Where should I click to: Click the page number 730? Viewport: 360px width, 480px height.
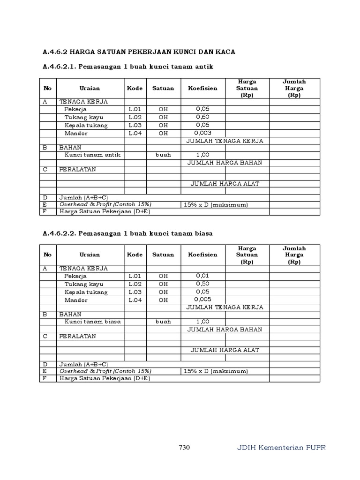tap(184, 447)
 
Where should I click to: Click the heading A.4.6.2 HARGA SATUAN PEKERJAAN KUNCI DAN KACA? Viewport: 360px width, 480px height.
tap(139, 51)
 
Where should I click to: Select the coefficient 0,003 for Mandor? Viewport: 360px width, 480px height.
tap(202, 133)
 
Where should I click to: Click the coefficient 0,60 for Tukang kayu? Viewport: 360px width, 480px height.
tap(202, 117)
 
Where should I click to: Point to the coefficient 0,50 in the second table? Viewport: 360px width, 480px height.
tap(202, 284)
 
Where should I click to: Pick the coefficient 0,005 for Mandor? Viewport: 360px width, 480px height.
tap(202, 300)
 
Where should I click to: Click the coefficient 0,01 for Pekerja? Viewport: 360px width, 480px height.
tap(202, 276)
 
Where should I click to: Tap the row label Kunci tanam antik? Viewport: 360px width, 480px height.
tap(92, 154)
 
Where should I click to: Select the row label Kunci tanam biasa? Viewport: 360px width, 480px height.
tap(92, 321)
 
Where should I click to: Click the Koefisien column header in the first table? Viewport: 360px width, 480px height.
tap(202, 88)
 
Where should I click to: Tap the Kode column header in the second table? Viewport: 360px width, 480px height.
tap(135, 255)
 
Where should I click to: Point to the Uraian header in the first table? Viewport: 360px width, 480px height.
tap(90, 88)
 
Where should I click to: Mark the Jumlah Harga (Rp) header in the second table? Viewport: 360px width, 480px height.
tap(294, 255)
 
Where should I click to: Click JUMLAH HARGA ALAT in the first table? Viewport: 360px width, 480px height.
tap(225, 184)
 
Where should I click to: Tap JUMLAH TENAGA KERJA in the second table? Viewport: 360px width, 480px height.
tap(225, 307)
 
